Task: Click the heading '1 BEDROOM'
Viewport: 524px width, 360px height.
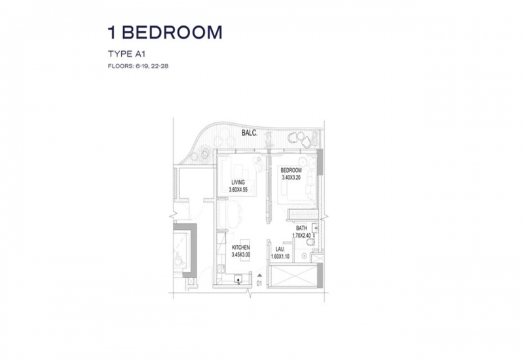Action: click(165, 32)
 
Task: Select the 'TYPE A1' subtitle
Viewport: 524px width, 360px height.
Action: click(126, 54)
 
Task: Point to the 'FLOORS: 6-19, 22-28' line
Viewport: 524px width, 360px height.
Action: click(138, 66)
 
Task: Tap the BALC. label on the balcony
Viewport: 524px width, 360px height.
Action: click(250, 133)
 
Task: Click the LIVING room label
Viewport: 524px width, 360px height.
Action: click(238, 183)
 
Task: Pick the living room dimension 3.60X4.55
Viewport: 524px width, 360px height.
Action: click(238, 190)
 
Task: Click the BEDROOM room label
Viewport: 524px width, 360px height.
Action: click(291, 170)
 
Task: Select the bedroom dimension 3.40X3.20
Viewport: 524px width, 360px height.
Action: click(291, 177)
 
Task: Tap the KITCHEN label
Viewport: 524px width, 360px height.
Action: click(241, 247)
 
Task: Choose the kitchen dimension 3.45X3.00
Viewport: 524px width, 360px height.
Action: click(241, 255)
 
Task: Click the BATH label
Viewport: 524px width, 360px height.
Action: click(301, 228)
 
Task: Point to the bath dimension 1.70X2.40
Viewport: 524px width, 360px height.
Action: click(301, 236)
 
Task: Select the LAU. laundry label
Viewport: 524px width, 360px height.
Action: click(280, 249)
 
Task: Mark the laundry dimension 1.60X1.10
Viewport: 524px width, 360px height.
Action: click(280, 257)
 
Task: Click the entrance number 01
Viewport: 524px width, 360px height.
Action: click(259, 284)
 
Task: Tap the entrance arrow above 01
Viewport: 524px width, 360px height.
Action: click(259, 276)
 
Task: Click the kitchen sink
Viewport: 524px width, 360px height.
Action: click(238, 279)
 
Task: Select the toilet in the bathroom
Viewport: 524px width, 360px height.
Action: click(310, 242)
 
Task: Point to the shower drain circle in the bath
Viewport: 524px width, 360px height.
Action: click(304, 256)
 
